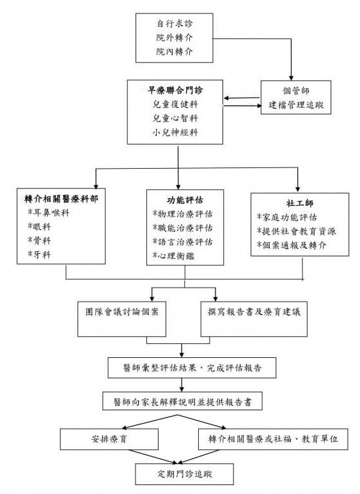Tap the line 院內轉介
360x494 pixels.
click(x=175, y=51)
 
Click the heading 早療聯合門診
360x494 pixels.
click(x=174, y=89)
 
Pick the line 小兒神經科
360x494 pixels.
click(x=174, y=132)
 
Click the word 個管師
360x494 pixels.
click(x=295, y=91)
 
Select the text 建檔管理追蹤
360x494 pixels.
click(x=295, y=104)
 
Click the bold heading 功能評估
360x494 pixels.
click(x=184, y=199)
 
